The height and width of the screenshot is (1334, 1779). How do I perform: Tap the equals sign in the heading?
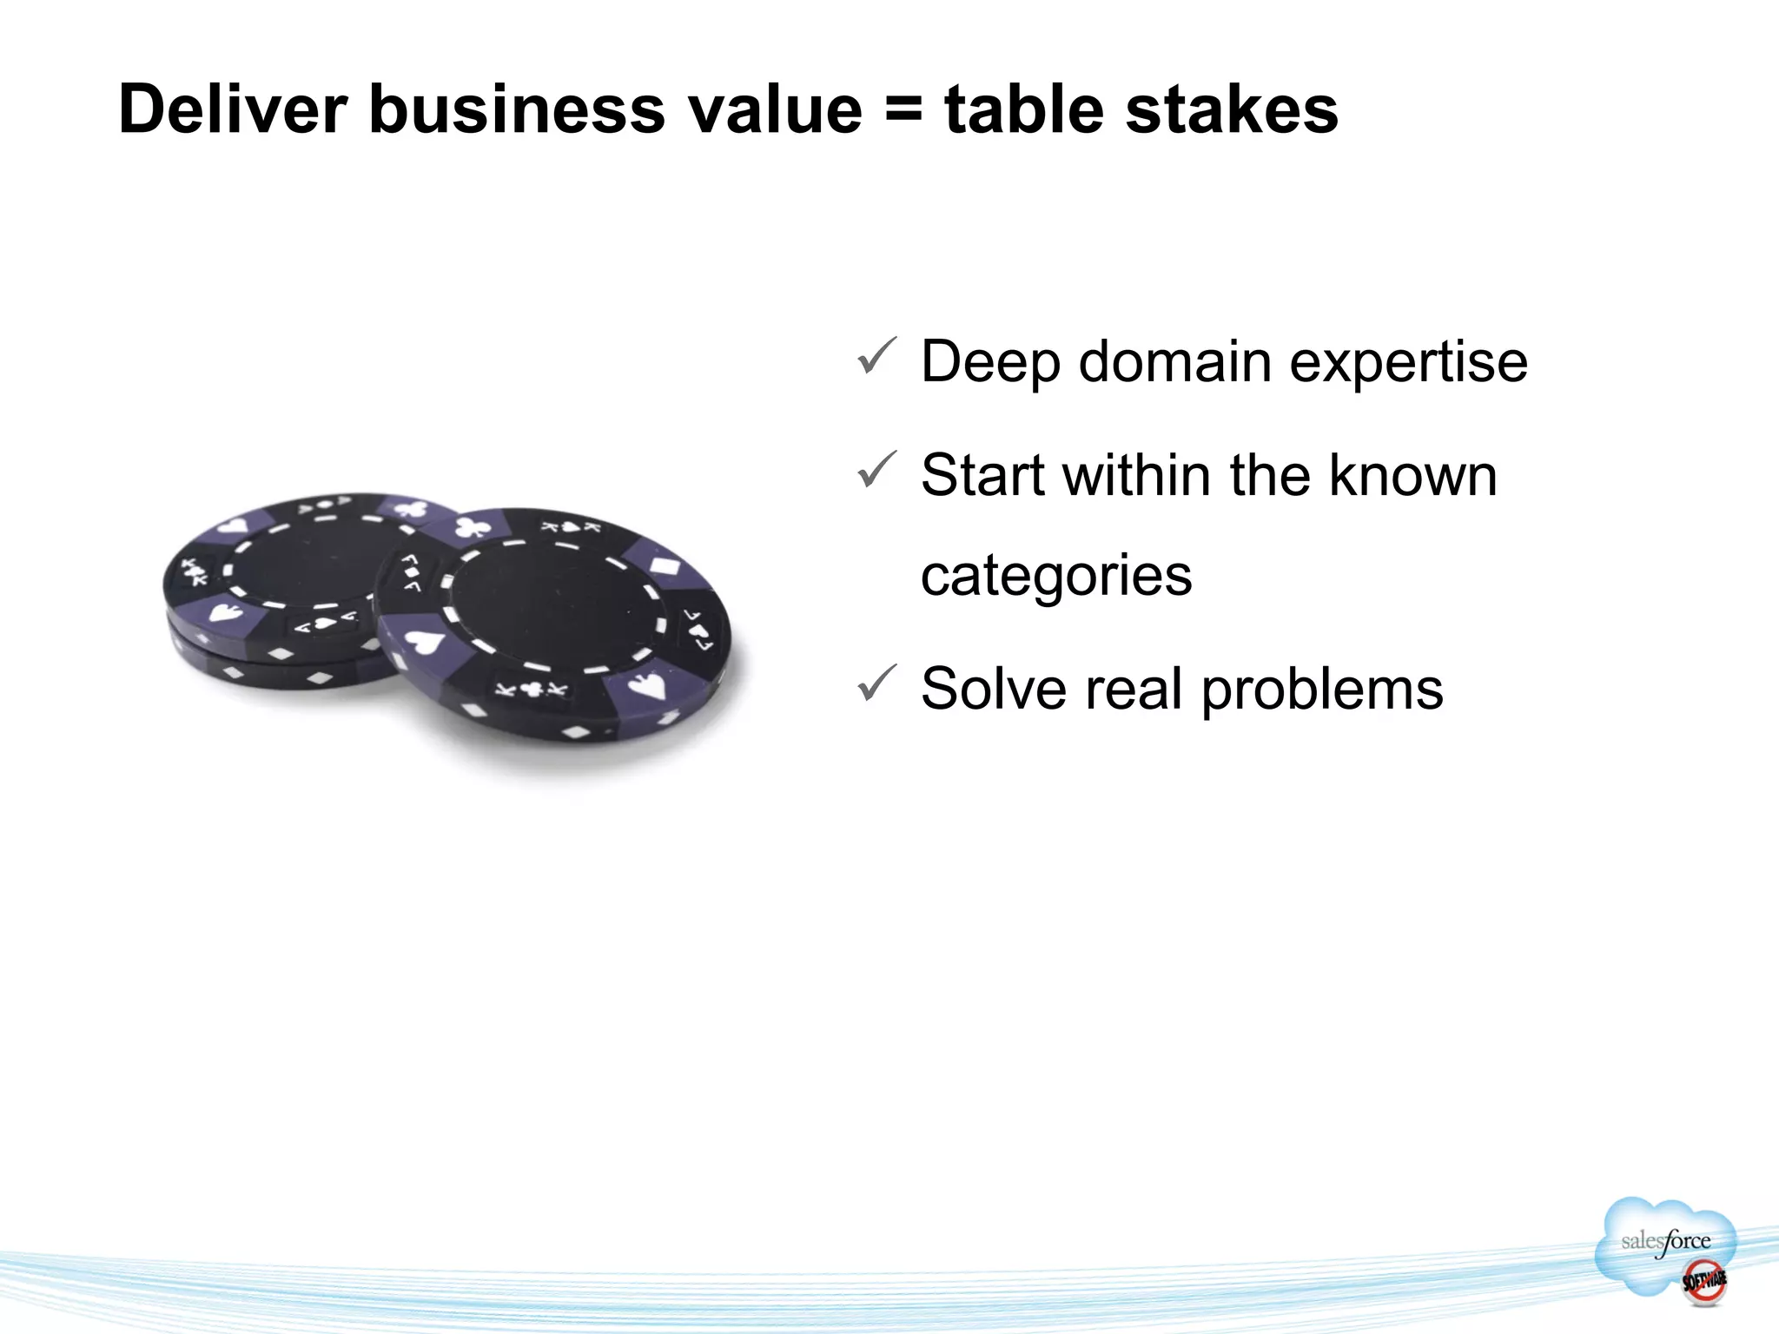coord(903,112)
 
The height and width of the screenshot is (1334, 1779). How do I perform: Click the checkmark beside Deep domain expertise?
coord(876,356)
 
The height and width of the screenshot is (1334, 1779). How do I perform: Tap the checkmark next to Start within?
coord(876,470)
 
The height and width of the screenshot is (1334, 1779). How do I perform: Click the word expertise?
coord(1408,363)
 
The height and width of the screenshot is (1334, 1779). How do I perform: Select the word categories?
coord(1056,577)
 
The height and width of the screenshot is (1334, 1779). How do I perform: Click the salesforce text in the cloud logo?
coord(1665,1242)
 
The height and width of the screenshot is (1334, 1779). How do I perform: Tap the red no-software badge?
coord(1703,1280)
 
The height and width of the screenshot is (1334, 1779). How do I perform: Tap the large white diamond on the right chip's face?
coord(668,567)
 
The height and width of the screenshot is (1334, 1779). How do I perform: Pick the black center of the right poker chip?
coord(551,604)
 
